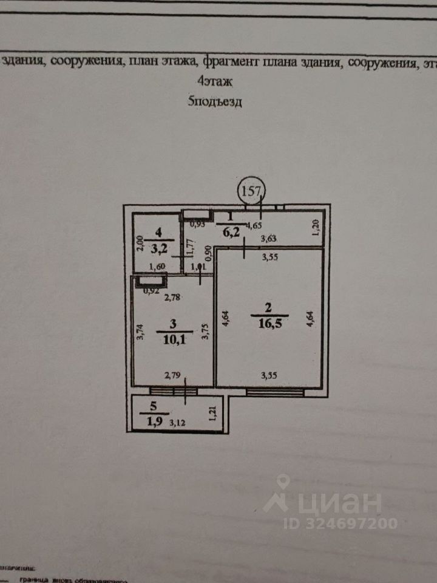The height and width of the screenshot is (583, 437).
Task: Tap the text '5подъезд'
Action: (x=215, y=101)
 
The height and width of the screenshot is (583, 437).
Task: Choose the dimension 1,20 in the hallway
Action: (x=315, y=228)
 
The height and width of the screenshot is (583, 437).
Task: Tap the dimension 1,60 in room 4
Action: (x=158, y=266)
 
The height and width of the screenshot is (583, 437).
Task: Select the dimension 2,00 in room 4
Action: (x=139, y=244)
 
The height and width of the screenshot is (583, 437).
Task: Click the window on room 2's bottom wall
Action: (x=275, y=392)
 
